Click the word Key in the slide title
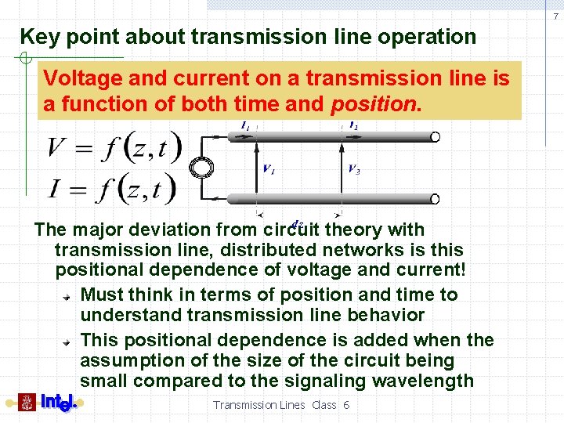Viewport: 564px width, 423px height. [38, 37]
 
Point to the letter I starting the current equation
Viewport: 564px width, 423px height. [55, 188]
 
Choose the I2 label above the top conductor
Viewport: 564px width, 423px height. [354, 125]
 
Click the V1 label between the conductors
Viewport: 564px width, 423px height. [268, 169]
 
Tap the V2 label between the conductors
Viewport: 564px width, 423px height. [354, 169]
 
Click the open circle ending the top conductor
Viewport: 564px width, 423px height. [435, 137]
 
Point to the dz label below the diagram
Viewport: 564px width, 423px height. [297, 223]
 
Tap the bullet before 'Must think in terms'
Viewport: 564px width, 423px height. [69, 296]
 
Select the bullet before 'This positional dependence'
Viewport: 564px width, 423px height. [69, 342]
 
